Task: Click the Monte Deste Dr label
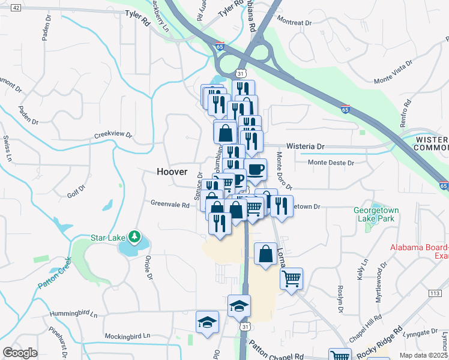[x=331, y=162]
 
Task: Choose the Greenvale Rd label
[x=170, y=205]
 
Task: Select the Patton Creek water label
[x=55, y=274]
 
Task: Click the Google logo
[x=20, y=353]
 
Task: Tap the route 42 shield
[x=16, y=7]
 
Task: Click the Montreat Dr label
[x=295, y=22]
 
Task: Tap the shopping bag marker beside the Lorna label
[x=265, y=254]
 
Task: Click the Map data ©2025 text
[x=424, y=355]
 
